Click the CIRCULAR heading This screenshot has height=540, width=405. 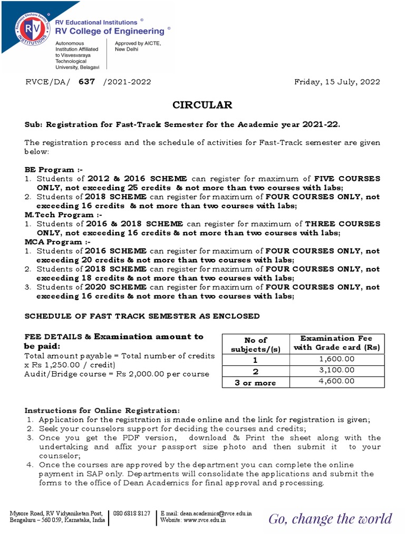coord(202,105)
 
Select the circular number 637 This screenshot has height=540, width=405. coord(86,82)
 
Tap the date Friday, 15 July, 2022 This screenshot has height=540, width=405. coord(337,82)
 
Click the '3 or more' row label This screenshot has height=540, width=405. coord(256,383)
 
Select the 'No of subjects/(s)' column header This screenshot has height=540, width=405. coord(256,345)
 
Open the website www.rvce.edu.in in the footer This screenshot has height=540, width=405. coord(205,520)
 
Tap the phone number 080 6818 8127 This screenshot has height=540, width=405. coord(131,513)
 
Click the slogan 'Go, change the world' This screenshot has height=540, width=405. coord(330,519)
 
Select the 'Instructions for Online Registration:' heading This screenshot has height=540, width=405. coord(102,410)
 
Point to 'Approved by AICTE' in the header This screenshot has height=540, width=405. coord(138,43)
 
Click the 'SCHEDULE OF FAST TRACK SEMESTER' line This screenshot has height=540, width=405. coord(142,316)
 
